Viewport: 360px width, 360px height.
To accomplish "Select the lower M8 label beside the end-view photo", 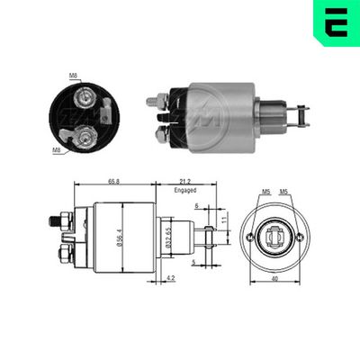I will pyautogui.click(x=58, y=150).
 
